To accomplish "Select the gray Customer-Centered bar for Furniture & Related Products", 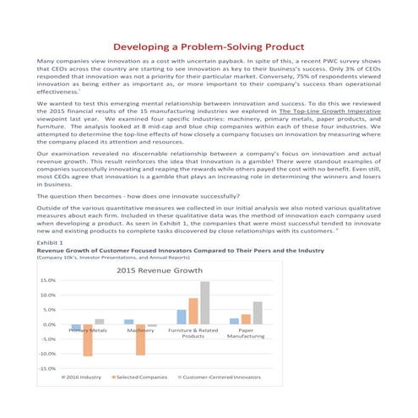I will (x=204, y=303).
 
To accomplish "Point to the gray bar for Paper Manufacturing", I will (x=258, y=313).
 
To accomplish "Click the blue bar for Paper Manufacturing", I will (x=235, y=321).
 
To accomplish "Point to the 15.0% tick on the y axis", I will (x=48, y=280).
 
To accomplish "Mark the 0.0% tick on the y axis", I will (x=50, y=324).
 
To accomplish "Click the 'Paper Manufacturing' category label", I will (x=246, y=334).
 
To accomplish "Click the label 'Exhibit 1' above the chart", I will (x=51, y=241).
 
